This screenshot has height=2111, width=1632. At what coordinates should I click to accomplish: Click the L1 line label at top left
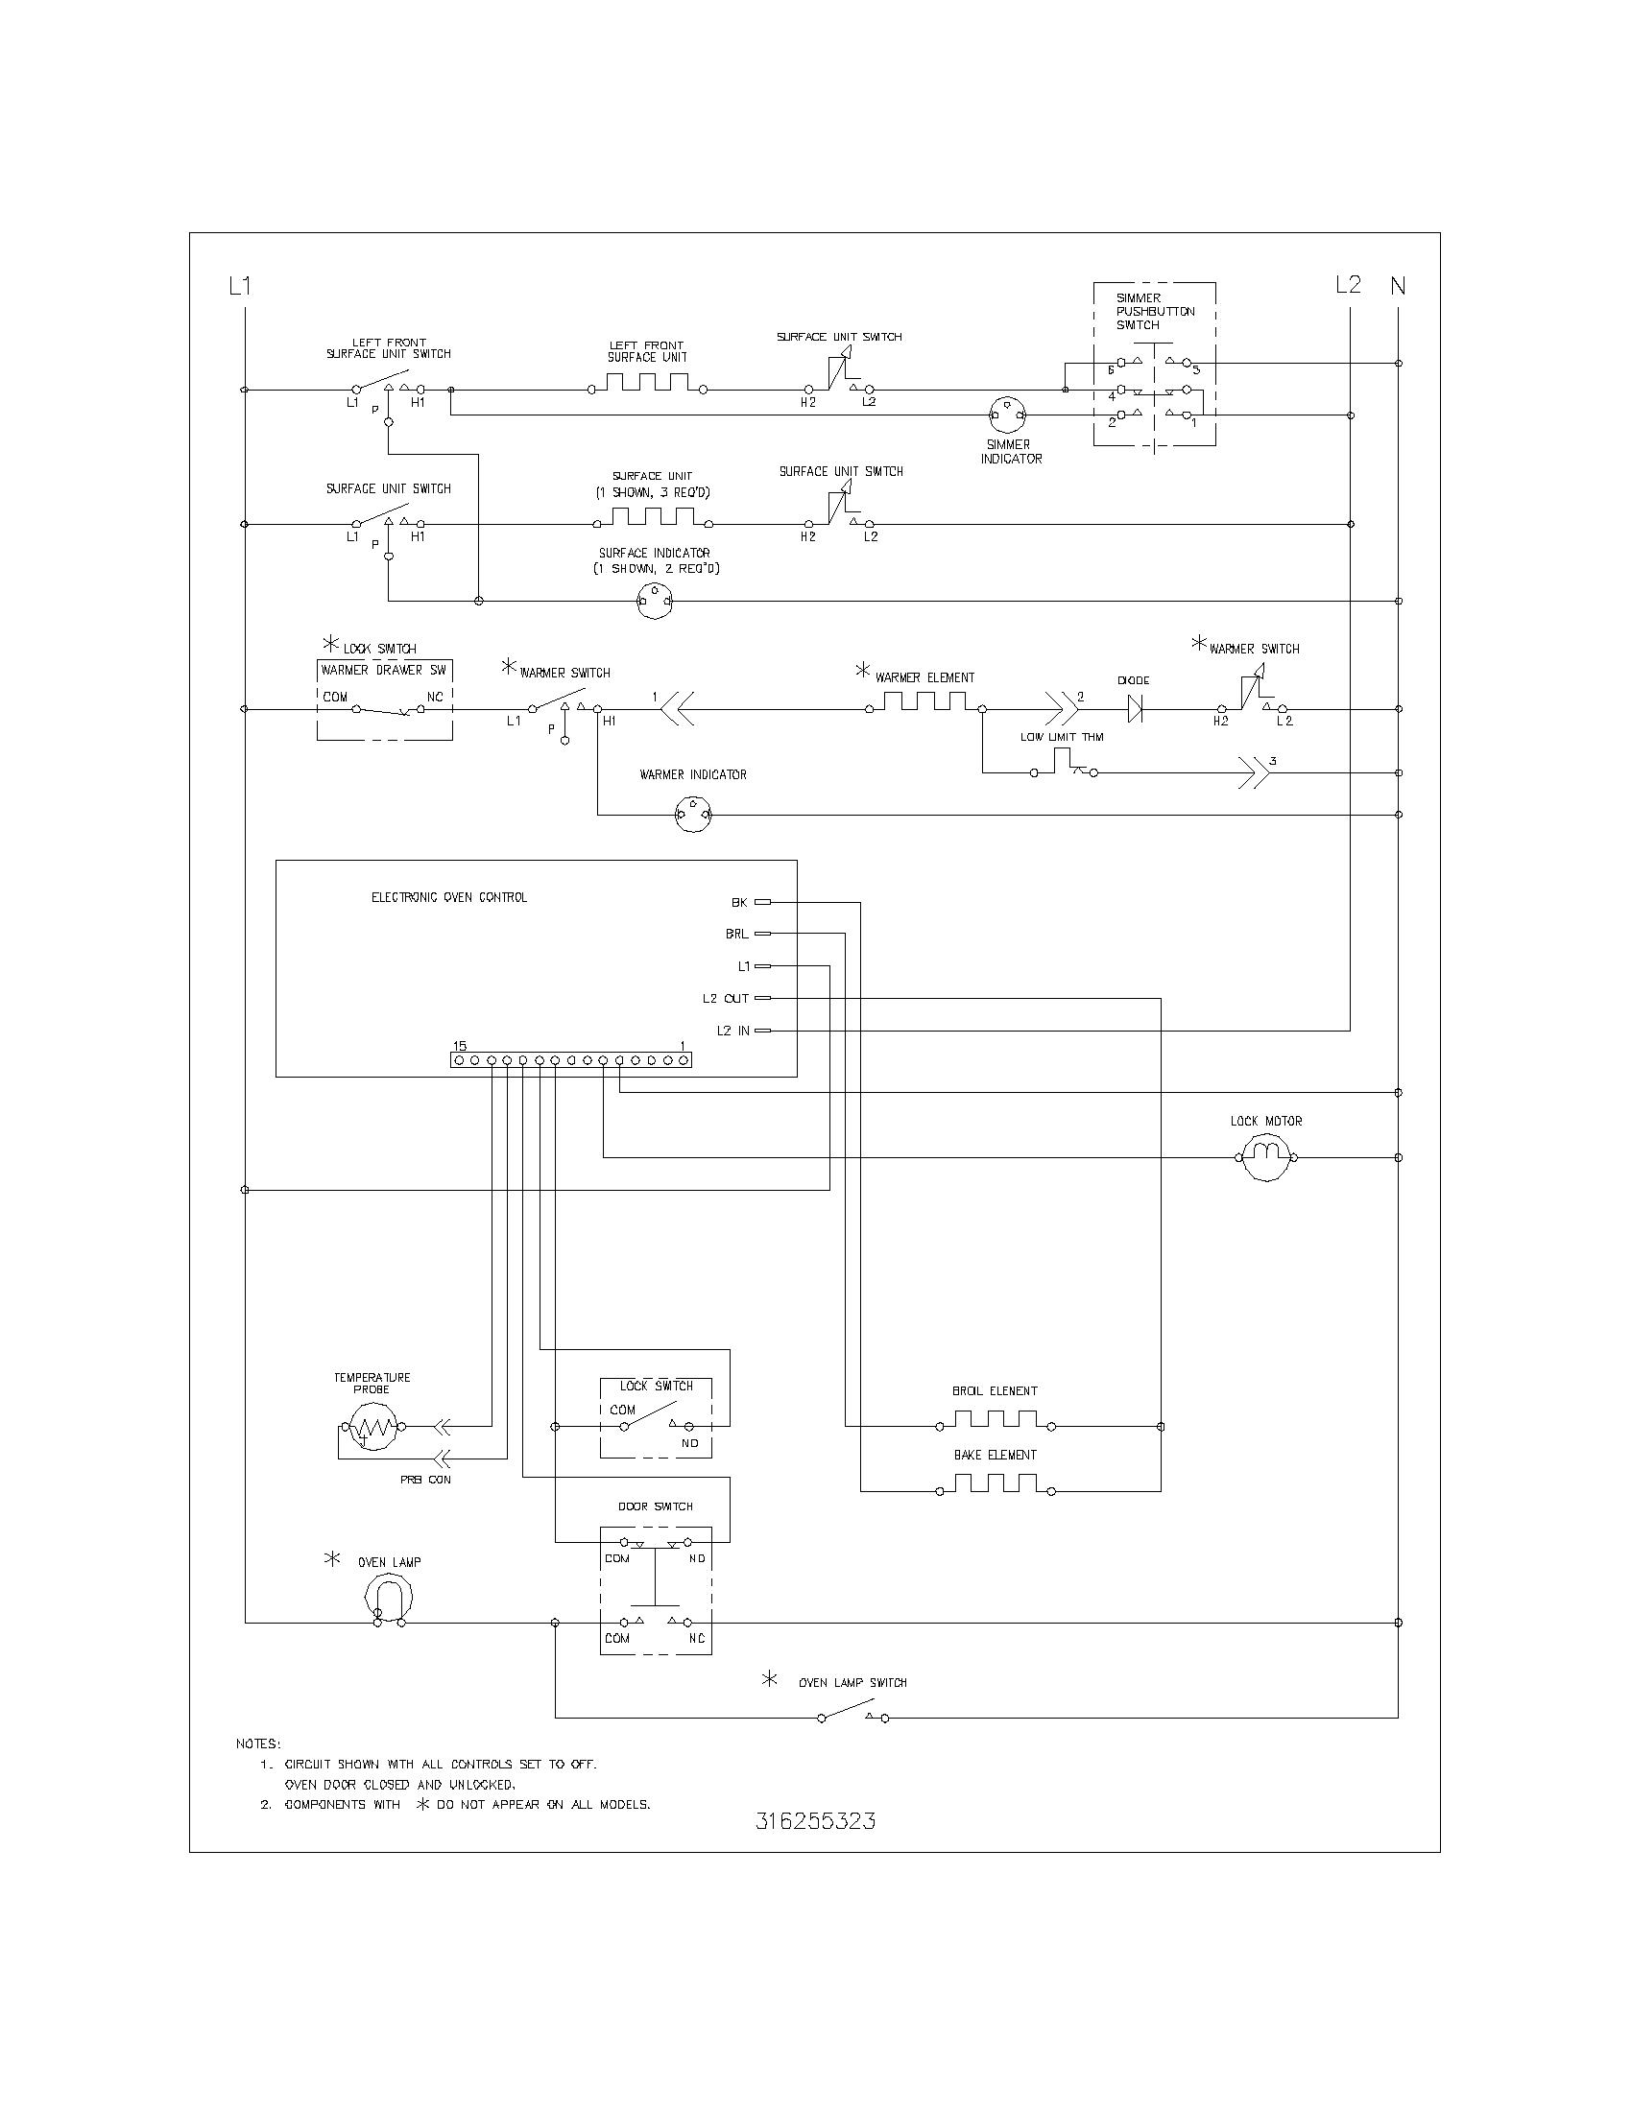240,286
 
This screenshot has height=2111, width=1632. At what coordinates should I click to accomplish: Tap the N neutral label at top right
1398,286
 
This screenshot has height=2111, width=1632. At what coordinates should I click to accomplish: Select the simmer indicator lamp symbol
1007,415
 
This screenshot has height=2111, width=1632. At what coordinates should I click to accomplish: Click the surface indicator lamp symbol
654,602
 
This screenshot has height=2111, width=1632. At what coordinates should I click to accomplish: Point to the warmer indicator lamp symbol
693,815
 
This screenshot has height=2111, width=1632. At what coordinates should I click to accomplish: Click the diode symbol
1135,709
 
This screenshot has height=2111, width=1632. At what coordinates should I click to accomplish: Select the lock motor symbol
1266,1157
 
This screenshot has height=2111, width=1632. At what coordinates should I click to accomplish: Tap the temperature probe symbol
372,1427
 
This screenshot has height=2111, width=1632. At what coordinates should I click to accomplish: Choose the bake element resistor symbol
996,1483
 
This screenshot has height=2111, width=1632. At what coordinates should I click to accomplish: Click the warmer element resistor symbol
925,701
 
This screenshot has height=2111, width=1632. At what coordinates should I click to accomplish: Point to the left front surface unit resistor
647,383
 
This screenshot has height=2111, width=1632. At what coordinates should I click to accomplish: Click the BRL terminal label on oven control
736,934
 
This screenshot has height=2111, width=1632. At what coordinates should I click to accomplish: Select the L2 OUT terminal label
725,999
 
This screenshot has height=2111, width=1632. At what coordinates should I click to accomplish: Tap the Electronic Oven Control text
448,897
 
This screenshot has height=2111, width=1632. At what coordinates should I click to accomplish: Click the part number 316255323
815,1821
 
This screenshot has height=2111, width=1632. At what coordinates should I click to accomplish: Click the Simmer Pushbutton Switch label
1154,311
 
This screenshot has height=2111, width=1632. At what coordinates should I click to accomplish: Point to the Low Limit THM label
1062,737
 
